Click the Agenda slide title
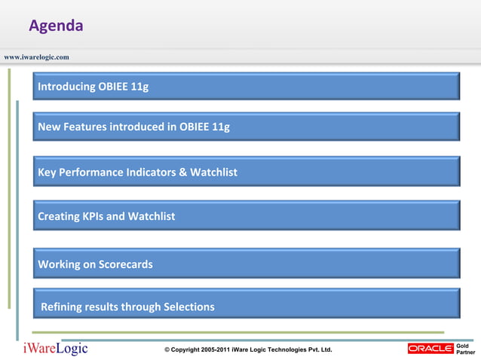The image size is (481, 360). tap(56, 26)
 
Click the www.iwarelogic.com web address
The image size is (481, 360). tap(36, 57)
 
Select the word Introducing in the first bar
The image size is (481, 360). tap(66, 87)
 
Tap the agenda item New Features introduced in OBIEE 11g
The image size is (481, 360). tap(133, 127)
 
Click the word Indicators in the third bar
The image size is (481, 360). tap(150, 172)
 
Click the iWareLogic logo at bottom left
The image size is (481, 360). tap(55, 349)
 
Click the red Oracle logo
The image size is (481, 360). tap(430, 349)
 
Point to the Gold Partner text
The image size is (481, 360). tap(465, 349)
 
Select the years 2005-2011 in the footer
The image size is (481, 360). tap(216, 350)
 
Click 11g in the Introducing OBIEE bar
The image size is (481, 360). tap(139, 87)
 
